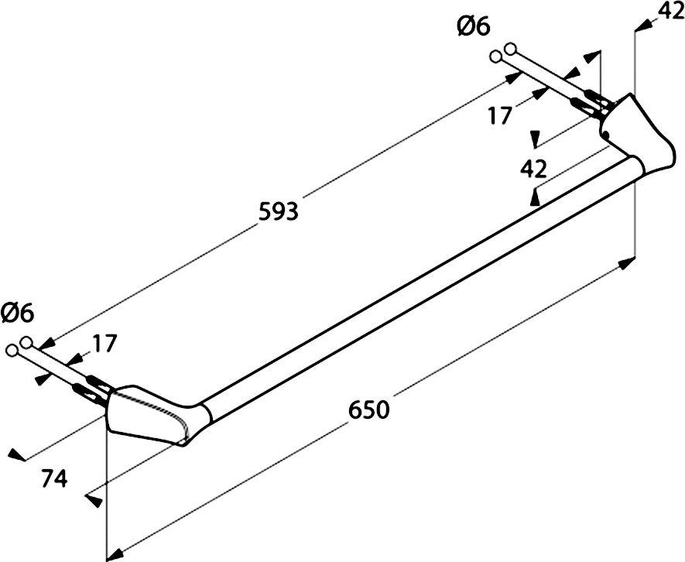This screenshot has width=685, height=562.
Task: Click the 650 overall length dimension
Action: coord(368,410)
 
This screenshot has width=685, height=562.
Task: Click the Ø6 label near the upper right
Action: coord(473,27)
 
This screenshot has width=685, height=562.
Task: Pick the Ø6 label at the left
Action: coord(17,314)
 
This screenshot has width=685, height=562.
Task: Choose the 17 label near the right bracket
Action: coord(501,116)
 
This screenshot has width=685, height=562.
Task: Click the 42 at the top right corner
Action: coord(668,12)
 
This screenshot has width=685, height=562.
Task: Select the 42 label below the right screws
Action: coord(533,169)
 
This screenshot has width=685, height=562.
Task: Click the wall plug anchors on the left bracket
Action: coord(92,386)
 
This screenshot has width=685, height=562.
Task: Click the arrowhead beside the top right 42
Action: coord(641,27)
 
